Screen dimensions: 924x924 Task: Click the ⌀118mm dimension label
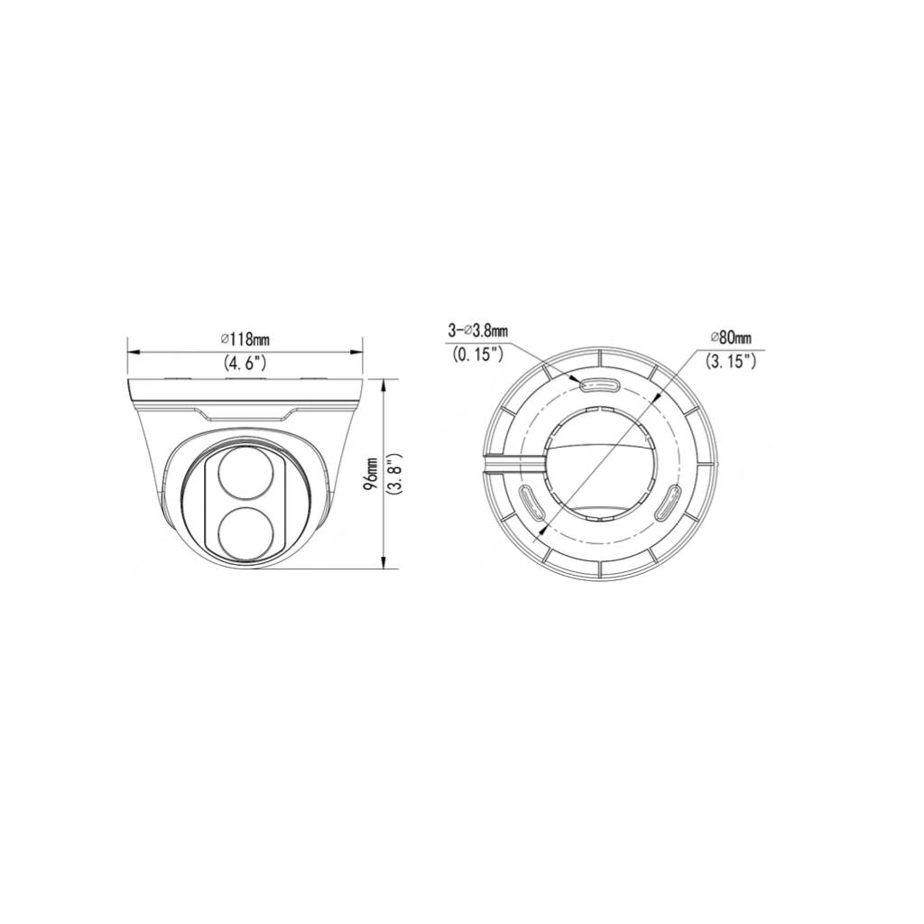245,339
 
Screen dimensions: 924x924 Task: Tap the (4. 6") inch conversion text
245,363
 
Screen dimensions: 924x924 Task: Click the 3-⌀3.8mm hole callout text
477,331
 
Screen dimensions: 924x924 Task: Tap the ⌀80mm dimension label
731,337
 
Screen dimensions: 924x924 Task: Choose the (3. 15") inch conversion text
731,361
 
